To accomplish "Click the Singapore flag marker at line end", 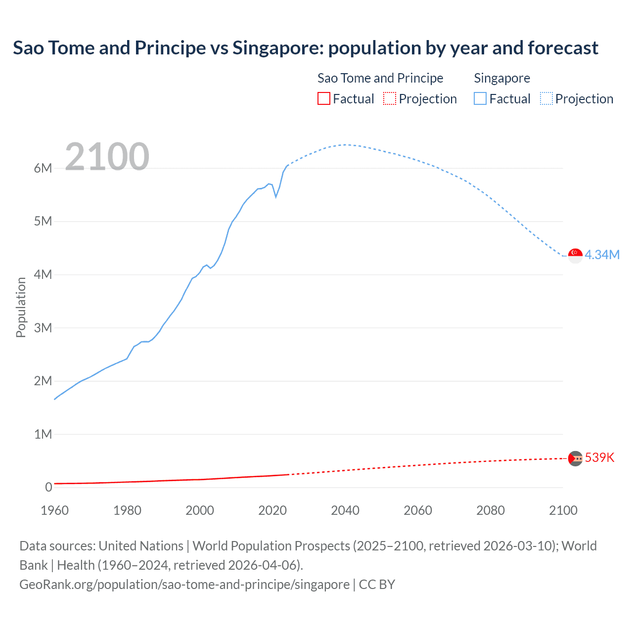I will coord(575,256).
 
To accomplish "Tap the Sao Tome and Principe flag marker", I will coord(575,458).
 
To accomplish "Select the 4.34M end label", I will coord(602,255).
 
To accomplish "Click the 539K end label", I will coord(599,457).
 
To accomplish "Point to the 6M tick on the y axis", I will coord(43,168).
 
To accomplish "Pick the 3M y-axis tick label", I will coord(43,328).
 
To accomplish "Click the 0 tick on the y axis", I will coord(48,487).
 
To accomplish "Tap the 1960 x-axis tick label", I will coord(54,510).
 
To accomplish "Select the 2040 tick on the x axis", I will coord(345,510).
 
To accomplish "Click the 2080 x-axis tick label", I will coord(491,510).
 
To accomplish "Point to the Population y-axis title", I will coord(21,307).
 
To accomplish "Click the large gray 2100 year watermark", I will coord(107,157).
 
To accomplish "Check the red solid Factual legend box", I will coord(323,99).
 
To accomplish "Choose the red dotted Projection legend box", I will coord(390,99).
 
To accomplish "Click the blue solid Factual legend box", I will coord(480,99).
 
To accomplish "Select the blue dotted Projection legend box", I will coord(546,99).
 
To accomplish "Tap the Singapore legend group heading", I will coord(502,78).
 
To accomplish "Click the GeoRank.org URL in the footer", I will coord(184,585).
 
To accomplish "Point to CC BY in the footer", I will coord(377,585).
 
